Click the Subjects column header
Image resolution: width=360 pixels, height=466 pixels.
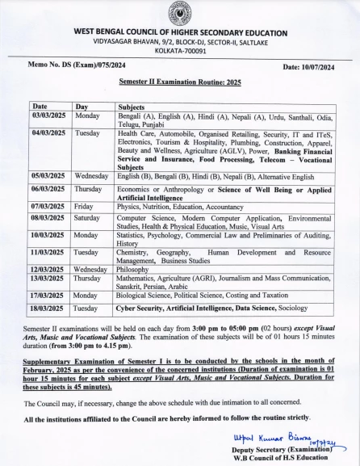point(132,107)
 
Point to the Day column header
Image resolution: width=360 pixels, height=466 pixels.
point(82,107)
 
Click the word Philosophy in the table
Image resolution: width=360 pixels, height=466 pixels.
point(136,269)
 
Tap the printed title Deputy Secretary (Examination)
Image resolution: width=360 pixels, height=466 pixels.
point(290,449)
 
